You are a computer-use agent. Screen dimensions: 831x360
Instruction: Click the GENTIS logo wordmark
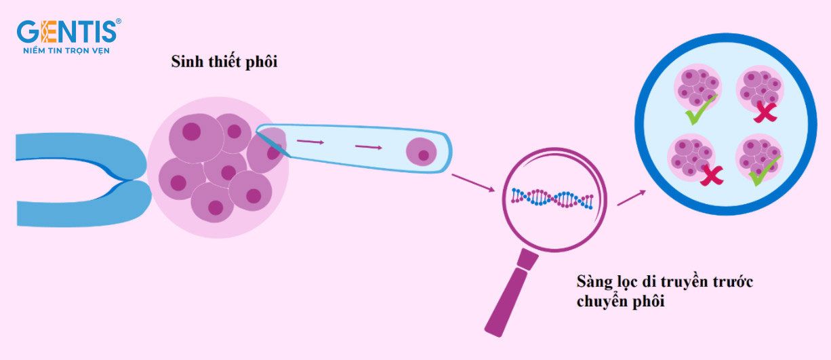click(67, 31)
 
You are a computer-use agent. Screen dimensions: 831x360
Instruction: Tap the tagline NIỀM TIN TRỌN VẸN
click(67, 50)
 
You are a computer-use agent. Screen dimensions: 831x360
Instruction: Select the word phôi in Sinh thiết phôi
click(262, 62)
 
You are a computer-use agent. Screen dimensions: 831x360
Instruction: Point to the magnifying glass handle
click(512, 292)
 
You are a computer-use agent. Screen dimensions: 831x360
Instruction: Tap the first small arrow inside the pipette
click(310, 142)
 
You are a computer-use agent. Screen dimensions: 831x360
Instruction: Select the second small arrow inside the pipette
click(368, 147)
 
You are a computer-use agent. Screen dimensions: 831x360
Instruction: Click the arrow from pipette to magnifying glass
click(473, 182)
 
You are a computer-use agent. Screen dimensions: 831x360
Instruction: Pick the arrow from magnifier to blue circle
click(632, 198)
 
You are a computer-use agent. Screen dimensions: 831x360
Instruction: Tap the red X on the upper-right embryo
click(765, 112)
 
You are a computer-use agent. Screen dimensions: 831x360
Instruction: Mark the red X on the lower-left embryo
click(712, 175)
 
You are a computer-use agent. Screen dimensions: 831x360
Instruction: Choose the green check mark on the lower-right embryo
click(764, 171)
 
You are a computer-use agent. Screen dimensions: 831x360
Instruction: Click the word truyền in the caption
click(687, 281)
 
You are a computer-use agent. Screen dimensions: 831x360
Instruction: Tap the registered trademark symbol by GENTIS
click(119, 22)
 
